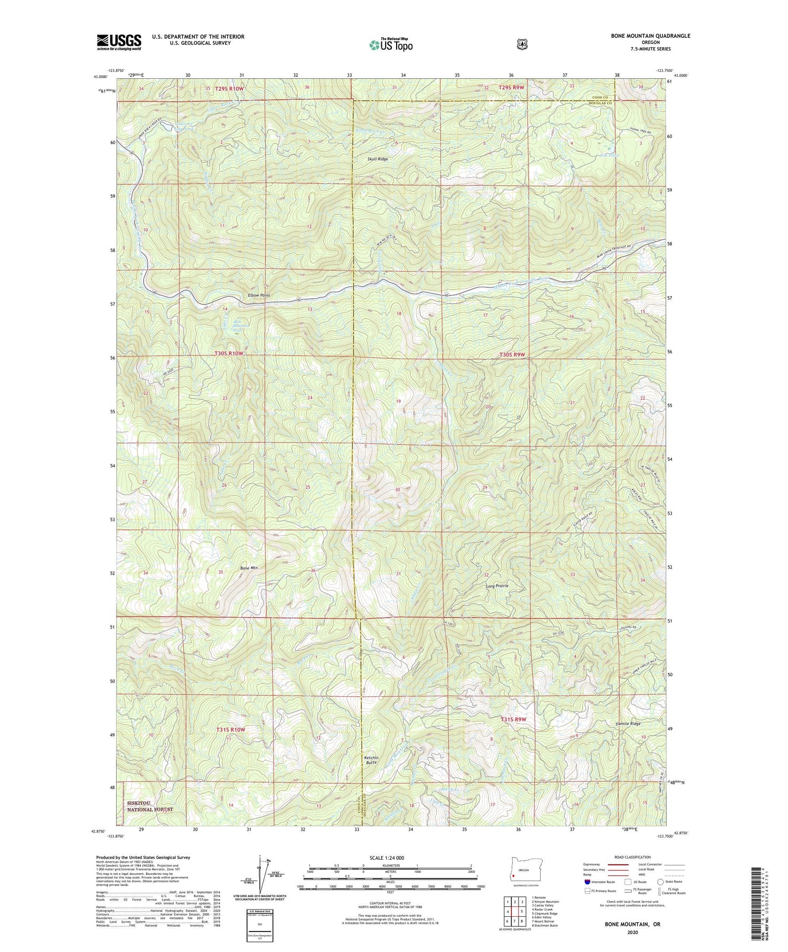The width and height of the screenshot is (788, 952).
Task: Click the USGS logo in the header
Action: pos(119,42)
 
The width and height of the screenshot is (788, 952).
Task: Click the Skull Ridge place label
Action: pos(377,159)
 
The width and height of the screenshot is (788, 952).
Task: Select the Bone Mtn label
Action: pos(250,568)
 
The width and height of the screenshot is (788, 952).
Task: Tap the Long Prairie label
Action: pos(497,586)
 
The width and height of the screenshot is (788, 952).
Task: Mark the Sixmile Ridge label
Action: pos(628,724)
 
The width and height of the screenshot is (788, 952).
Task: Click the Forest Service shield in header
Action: pos(522,44)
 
